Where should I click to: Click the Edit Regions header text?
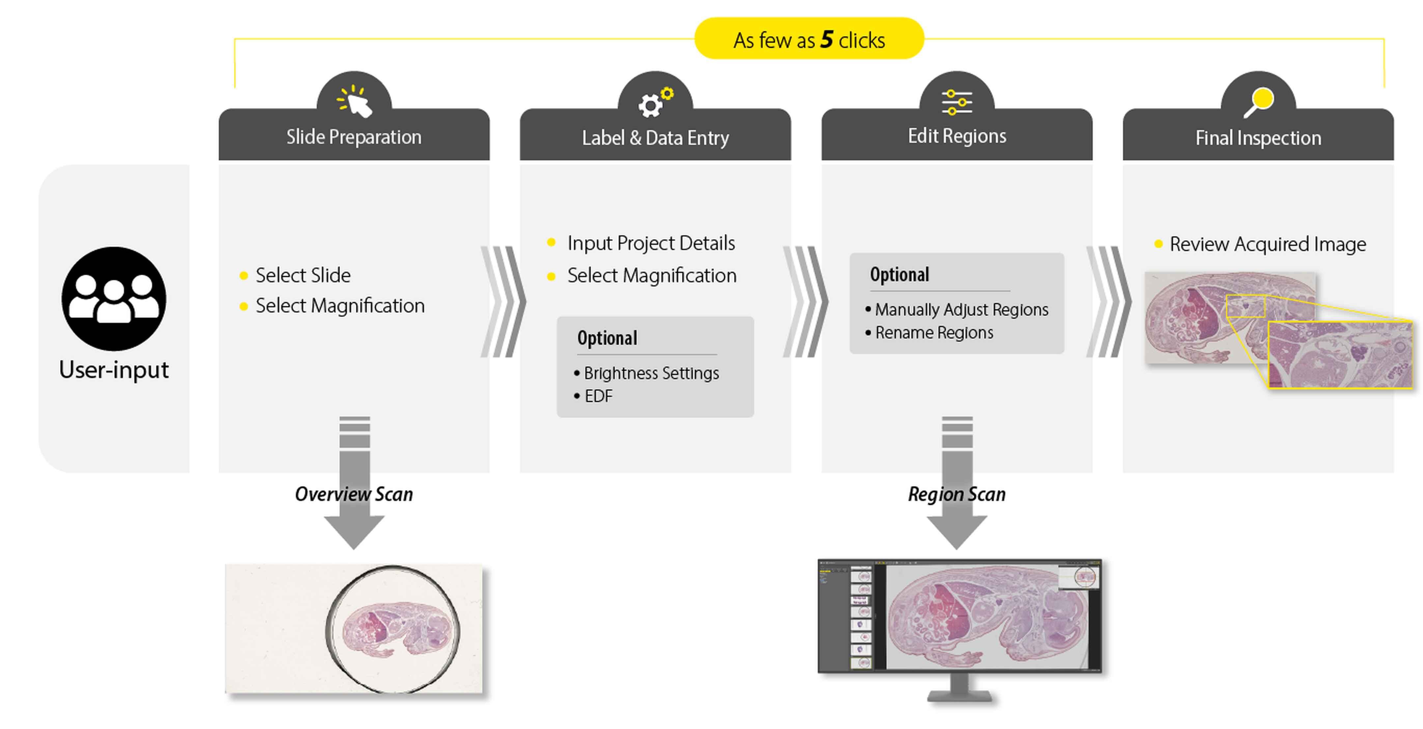[957, 136]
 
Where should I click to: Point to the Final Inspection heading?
[1258, 138]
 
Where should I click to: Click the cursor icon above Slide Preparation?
[355, 101]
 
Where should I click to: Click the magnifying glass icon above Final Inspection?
[1258, 102]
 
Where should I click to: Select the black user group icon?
[114, 299]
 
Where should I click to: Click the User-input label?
[114, 369]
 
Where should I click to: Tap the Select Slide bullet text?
[303, 275]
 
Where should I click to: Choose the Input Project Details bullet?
[651, 243]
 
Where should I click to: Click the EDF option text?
[598, 396]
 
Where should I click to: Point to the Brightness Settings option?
[651, 373]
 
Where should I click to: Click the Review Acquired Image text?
[1267, 244]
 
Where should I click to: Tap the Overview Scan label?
[353, 494]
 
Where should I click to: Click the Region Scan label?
[957, 494]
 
